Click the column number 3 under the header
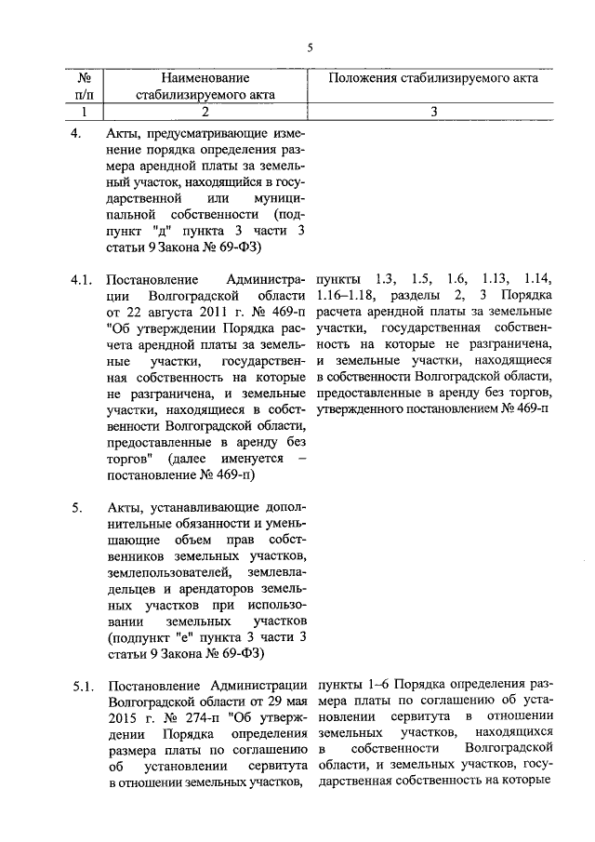[433, 113]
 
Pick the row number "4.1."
[84, 279]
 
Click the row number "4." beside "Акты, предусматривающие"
[77, 132]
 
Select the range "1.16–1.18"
[346, 296]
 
